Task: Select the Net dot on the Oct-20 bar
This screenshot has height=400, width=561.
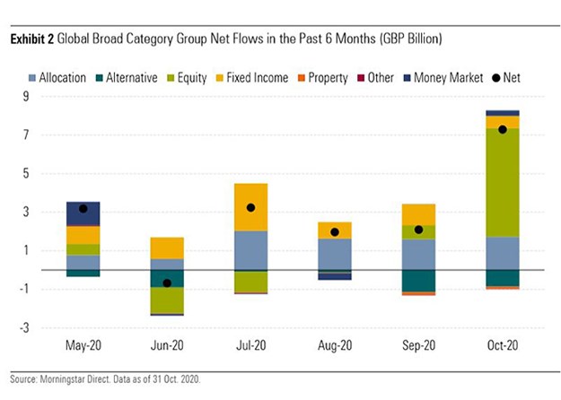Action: coord(502,129)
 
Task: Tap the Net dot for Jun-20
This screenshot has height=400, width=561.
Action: coord(166,283)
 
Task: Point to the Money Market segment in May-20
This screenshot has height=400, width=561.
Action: coord(83,213)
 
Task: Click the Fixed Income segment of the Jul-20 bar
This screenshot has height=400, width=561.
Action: coord(250,207)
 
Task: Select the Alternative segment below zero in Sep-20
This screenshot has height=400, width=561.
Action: coord(417,281)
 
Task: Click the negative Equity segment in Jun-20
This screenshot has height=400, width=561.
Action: coord(166,300)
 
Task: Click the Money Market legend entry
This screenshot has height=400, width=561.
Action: coord(443,79)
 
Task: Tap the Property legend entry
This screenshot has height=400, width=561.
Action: coord(320,79)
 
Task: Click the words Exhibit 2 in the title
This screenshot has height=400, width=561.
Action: coord(33,39)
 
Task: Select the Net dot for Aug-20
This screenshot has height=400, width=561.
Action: coord(334,232)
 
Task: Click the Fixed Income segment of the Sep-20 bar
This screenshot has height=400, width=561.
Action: coord(417,214)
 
